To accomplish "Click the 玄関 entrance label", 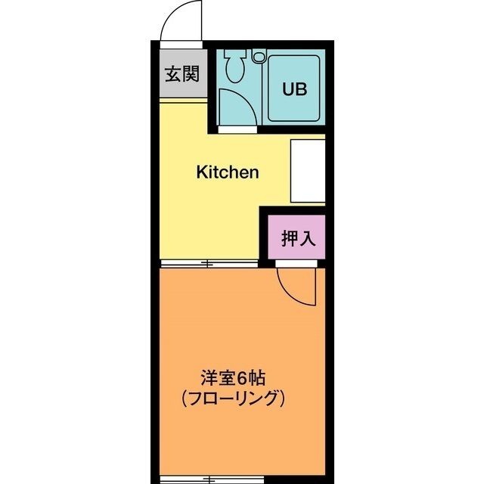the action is click(x=182, y=74).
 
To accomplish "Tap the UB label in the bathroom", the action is click(x=294, y=89).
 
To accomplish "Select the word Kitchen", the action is click(x=228, y=172).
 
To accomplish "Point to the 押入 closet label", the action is click(x=298, y=238).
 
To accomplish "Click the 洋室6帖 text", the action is click(x=233, y=378).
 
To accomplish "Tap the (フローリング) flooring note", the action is click(x=233, y=399).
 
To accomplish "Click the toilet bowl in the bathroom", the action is click(x=235, y=67).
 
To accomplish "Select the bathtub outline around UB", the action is click(x=293, y=88).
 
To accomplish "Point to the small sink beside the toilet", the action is click(x=258, y=56).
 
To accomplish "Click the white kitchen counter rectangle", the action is click(x=308, y=171).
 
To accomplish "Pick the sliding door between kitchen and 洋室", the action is click(x=209, y=264).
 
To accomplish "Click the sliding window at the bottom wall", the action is click(x=213, y=480).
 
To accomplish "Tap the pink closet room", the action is click(x=296, y=237).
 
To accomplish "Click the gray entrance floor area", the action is click(x=183, y=73).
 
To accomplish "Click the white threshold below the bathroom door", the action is click(x=237, y=129).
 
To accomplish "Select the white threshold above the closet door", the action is click(x=296, y=264).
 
